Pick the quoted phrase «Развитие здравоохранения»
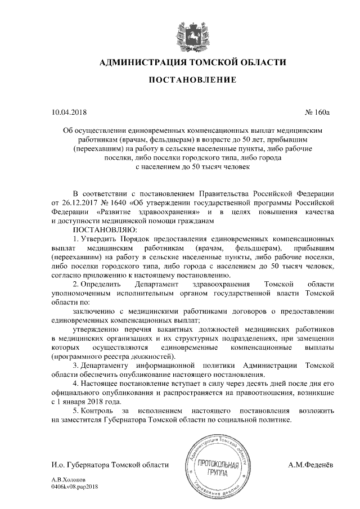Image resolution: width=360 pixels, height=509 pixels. point(149,212)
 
